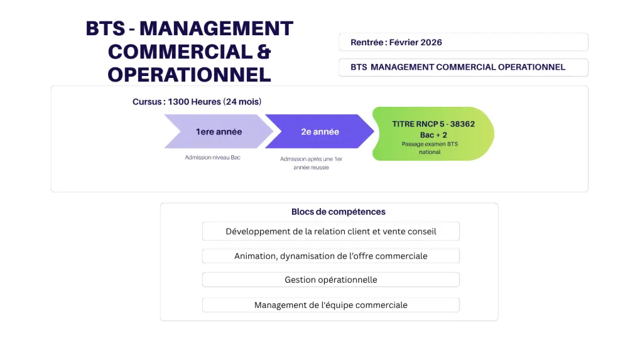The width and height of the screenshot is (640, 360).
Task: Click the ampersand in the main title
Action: (264, 52)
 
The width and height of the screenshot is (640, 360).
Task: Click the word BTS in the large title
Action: (106, 28)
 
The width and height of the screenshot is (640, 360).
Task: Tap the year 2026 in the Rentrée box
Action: (431, 43)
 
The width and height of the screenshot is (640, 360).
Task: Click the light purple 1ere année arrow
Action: (219, 131)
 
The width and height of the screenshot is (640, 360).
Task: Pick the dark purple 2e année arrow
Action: (320, 131)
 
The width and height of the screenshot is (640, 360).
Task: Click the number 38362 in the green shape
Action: (462, 124)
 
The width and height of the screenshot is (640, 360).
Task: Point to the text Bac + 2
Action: (433, 135)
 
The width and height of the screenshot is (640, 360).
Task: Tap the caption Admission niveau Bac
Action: (213, 158)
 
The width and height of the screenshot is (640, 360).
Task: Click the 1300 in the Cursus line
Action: (178, 102)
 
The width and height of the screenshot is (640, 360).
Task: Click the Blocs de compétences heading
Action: (339, 212)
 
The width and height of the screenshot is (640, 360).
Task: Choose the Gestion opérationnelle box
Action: (331, 280)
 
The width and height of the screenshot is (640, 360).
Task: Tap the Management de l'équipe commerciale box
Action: (331, 305)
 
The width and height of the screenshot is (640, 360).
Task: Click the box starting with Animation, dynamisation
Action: (331, 256)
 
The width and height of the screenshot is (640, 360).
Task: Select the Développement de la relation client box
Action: (331, 231)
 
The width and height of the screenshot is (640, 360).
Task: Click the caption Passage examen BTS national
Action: (430, 148)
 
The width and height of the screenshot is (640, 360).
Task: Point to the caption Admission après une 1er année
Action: (311, 163)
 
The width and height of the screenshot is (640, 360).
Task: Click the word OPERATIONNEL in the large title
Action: (190, 75)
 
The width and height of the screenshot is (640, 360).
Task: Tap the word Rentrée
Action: (367, 43)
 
